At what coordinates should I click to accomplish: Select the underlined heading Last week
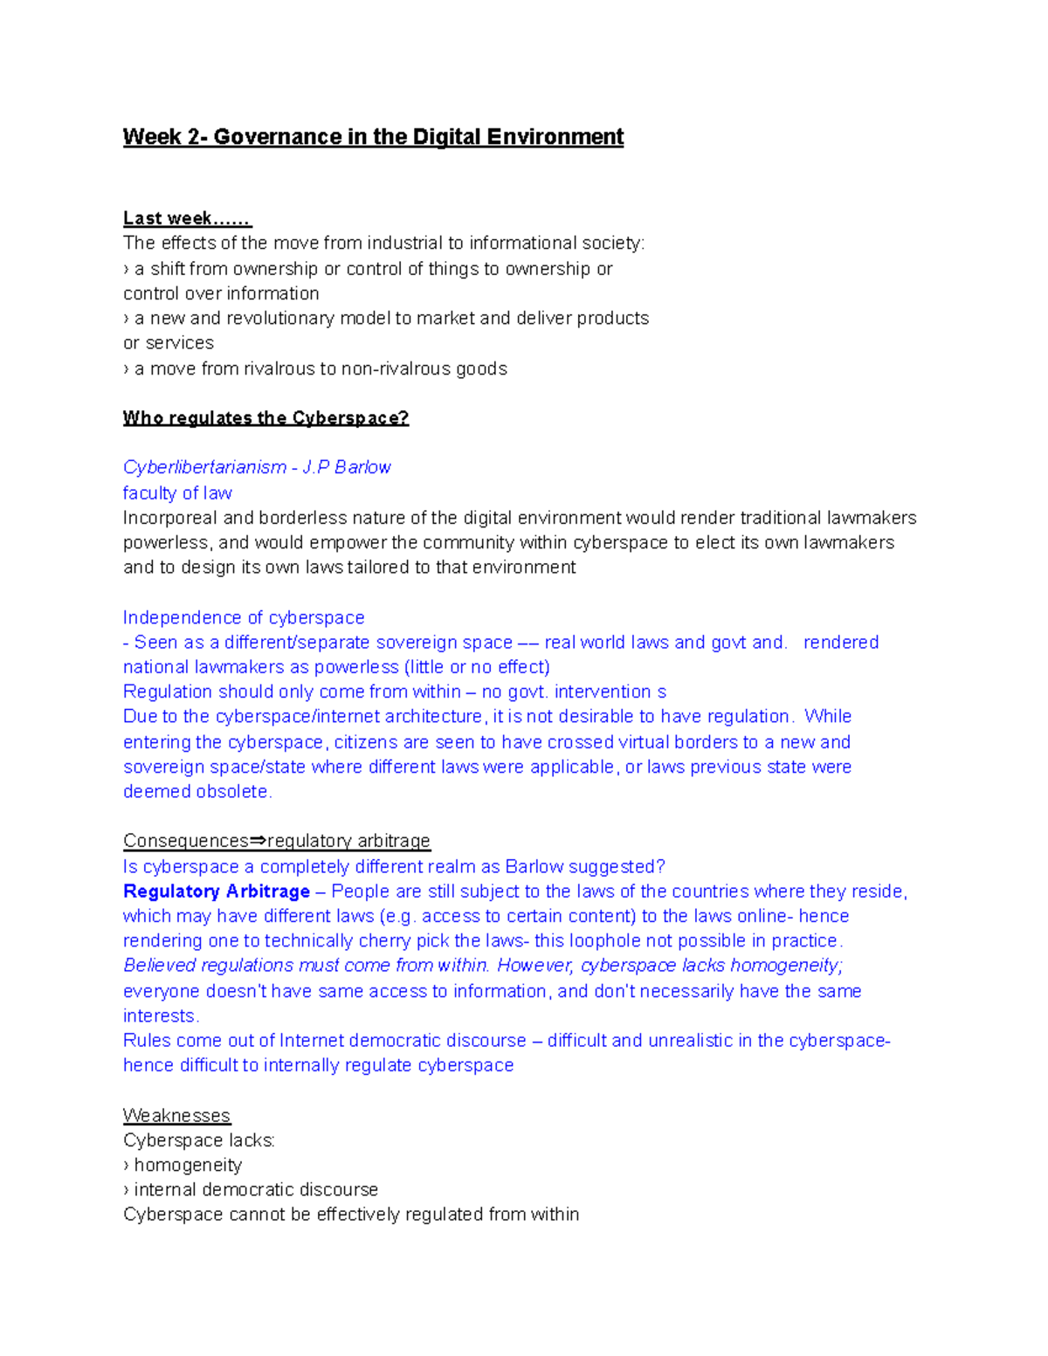(186, 218)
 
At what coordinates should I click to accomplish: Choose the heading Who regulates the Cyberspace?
(265, 418)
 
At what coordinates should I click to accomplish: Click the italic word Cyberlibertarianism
(204, 467)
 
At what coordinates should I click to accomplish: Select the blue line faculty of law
(177, 493)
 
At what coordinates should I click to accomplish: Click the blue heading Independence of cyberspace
(244, 617)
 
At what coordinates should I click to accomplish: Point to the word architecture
(433, 716)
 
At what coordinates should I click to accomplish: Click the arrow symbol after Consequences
(258, 841)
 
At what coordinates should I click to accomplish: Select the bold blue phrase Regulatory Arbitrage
(217, 891)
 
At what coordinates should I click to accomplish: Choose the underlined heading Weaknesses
(176, 1116)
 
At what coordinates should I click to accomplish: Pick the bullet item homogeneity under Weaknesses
(188, 1166)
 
